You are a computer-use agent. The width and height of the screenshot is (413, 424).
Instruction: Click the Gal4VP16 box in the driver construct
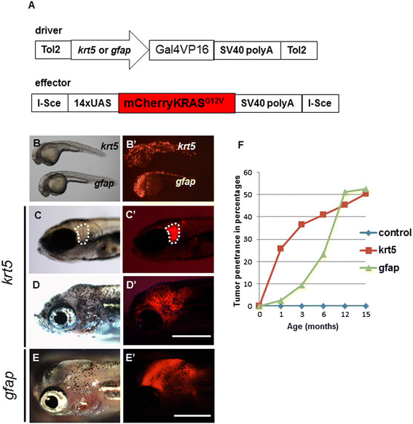point(181,50)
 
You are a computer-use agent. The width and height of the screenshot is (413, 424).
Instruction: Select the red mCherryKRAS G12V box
point(177,103)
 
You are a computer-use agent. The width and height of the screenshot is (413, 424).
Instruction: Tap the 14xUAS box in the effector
point(93,103)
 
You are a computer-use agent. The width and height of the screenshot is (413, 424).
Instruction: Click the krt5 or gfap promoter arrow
point(110,50)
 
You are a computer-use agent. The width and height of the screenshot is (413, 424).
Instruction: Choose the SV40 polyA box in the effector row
point(268,103)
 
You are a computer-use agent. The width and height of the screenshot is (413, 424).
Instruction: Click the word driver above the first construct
point(49,31)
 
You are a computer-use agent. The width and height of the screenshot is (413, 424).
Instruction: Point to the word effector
point(53,83)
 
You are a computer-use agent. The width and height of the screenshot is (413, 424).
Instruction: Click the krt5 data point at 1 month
point(280,248)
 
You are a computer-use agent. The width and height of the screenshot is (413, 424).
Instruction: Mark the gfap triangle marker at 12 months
point(345,192)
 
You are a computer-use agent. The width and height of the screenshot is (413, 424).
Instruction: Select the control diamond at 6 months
point(323,306)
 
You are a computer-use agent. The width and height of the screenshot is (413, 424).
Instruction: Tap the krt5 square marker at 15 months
point(366,194)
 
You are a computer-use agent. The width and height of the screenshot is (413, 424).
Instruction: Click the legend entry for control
point(385,233)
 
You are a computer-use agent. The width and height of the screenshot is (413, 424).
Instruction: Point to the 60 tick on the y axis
point(248,172)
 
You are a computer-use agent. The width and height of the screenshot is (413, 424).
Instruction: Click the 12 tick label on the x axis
point(345,315)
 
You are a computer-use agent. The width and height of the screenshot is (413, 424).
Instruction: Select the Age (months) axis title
point(312,326)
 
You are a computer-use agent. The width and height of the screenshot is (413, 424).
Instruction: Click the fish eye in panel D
point(61,317)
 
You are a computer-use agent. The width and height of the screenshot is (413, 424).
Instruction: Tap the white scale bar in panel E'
point(192,415)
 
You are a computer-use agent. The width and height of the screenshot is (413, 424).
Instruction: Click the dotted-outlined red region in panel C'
point(173,233)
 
